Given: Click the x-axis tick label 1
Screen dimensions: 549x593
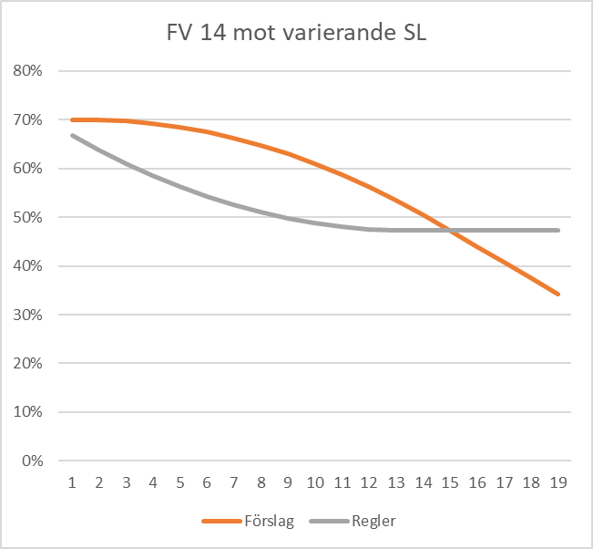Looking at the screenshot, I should click(72, 481).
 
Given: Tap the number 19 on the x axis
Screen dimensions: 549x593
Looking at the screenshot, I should click(558, 481).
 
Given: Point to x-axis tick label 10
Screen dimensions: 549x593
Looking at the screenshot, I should click(315, 481).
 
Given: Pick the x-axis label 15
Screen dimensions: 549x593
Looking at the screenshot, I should click(450, 481).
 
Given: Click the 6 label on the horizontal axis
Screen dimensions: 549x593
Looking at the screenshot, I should click(207, 481).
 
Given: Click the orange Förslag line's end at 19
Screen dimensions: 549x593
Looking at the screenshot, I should click(558, 294).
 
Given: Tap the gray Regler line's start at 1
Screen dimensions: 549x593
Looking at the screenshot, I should click(72, 135).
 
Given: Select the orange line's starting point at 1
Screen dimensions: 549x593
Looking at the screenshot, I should click(72, 119).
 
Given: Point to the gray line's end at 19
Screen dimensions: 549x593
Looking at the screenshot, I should click(558, 230).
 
